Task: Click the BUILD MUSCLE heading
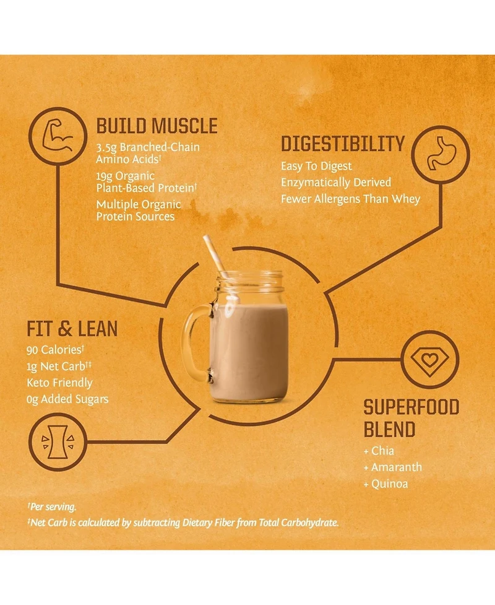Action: pos(157,126)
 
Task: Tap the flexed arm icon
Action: pos(58,135)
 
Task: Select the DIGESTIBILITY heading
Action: pos(343,144)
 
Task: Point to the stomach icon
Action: pos(441,153)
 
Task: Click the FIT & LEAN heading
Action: pos(72,329)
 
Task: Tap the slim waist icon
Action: pos(58,442)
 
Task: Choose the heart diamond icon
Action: pos(430,360)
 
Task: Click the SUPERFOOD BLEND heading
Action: pos(411,419)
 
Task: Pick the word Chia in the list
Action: pos(382,451)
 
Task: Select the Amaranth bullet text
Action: pos(396,468)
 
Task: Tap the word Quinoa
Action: pos(389,484)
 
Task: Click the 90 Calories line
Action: pos(55,350)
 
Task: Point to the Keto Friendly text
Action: pos(60,383)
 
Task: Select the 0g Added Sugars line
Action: pos(67,399)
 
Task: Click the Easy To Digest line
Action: pos(316,167)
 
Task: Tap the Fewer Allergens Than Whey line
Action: pos(350,199)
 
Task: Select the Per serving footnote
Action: pos(51,507)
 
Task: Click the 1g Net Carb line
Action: pos(59,366)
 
